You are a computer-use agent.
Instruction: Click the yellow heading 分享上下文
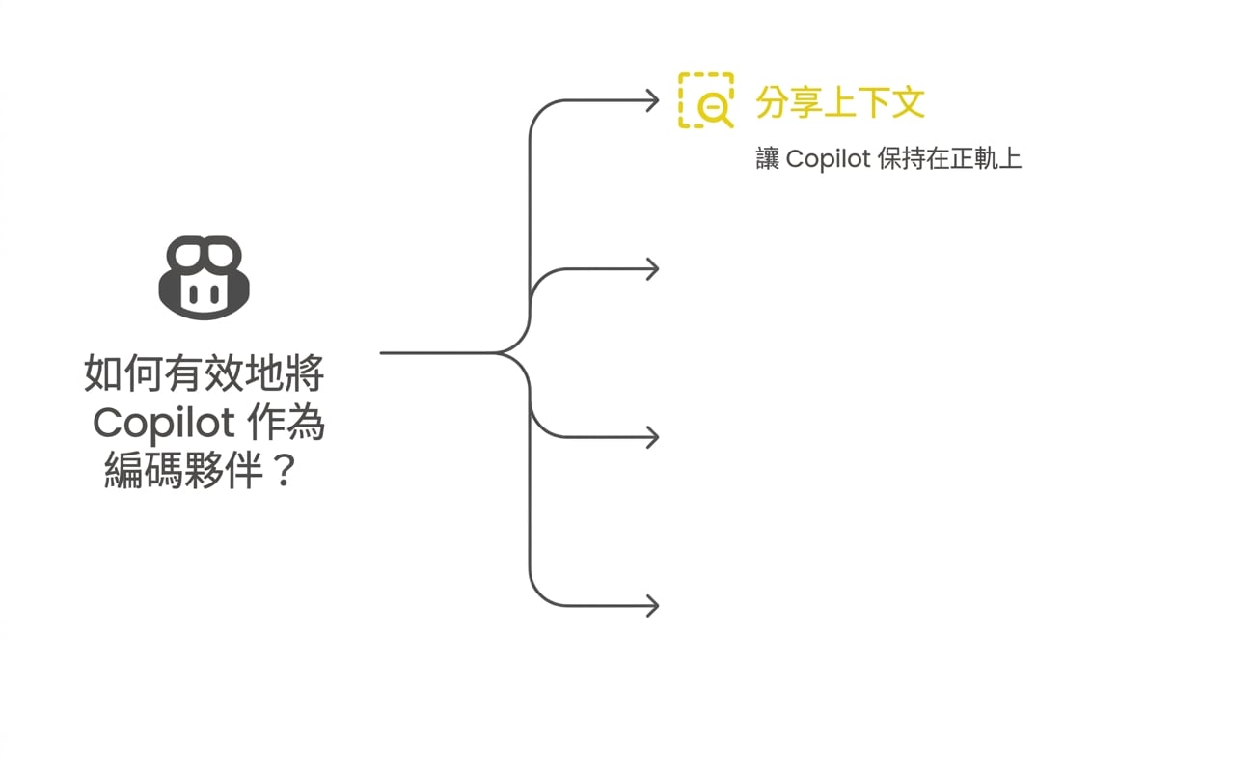click(x=840, y=102)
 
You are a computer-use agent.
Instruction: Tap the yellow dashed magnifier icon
click(x=706, y=100)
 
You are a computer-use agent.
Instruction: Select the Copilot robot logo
click(x=204, y=278)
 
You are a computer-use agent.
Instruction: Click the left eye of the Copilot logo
click(x=193, y=293)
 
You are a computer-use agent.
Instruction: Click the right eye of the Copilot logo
click(x=215, y=293)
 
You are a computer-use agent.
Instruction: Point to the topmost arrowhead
click(x=653, y=101)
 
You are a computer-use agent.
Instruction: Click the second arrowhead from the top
click(x=653, y=269)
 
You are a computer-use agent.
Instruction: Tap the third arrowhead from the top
click(x=653, y=437)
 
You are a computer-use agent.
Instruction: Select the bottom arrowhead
click(x=653, y=606)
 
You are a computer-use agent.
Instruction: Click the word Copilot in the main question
click(x=164, y=424)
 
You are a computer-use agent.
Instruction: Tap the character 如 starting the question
click(x=103, y=372)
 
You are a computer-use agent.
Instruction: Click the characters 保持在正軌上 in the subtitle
click(x=949, y=158)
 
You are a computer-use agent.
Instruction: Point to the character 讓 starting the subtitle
click(x=768, y=158)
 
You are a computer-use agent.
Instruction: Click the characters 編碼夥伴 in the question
click(x=184, y=470)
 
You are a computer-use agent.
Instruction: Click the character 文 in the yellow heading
click(x=908, y=102)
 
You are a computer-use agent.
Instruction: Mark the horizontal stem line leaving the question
click(x=437, y=353)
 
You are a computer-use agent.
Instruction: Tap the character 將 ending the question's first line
click(x=305, y=372)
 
